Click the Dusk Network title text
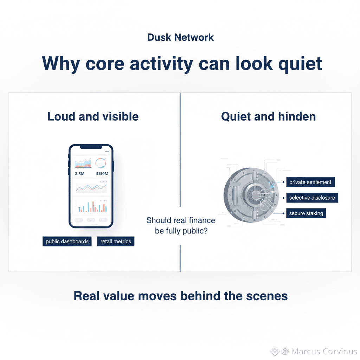pyautogui.click(x=180, y=37)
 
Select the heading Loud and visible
pyautogui.click(x=93, y=116)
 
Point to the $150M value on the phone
pyautogui.click(x=102, y=174)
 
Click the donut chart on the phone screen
pyautogui.click(x=101, y=162)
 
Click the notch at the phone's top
pyautogui.click(x=91, y=147)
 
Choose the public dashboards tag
pyautogui.click(x=67, y=242)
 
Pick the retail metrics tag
pyautogui.click(x=116, y=242)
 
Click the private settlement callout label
pyautogui.click(x=310, y=182)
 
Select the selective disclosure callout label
pyautogui.click(x=312, y=198)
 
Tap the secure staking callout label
pyautogui.click(x=306, y=213)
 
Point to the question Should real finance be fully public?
pyautogui.click(x=180, y=226)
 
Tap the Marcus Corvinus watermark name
pyautogui.click(x=324, y=351)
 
